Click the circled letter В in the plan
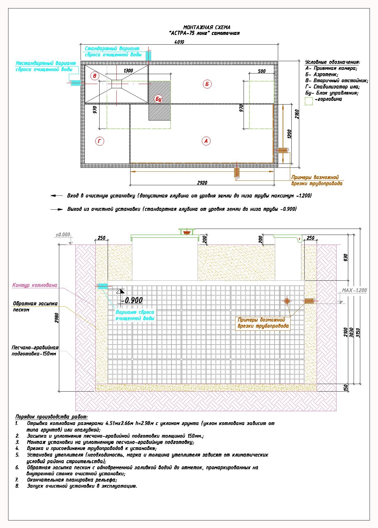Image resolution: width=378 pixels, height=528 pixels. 95,76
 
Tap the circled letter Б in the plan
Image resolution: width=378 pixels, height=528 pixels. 207,84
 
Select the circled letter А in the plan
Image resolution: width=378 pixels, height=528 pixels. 206,141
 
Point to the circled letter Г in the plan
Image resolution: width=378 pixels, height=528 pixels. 100,141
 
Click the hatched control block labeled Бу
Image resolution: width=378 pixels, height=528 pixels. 160,101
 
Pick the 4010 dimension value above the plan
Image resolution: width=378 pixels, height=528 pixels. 179,42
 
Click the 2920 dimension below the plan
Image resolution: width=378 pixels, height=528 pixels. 202,183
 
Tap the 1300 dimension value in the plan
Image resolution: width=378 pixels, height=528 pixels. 128,71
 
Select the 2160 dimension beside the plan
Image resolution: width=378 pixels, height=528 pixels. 297,114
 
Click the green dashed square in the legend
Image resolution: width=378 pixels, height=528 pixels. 309,101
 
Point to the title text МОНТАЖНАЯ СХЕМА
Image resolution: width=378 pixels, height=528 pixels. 207,27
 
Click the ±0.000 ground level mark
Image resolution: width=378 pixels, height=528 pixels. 63,235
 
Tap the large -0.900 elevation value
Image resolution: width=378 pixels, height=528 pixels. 132,300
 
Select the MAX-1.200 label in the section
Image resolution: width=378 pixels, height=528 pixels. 354,290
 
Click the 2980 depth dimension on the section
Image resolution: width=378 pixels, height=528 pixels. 57,318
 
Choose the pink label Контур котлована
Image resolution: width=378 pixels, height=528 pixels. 35,285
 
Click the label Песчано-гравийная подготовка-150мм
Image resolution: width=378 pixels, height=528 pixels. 35,351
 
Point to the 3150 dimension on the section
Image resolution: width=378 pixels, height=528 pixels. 358,333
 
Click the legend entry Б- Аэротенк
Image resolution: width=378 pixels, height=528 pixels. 322,74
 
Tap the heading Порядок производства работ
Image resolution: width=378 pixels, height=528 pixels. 51,417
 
